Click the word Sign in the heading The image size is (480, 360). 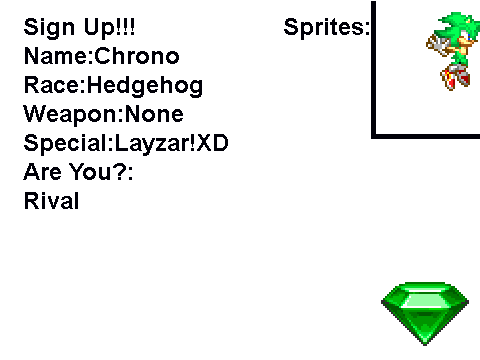pos(49,28)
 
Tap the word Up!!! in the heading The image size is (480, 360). pos(110,27)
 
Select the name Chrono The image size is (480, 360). pos(137,56)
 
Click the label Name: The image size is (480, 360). pos(58,56)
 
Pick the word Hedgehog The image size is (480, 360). pos(145,86)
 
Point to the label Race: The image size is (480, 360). pos(55,85)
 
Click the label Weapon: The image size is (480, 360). pos(73,115)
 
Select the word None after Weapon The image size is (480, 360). pos(154,114)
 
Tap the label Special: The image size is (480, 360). pos(69,144)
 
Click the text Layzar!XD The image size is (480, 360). pos(172,144)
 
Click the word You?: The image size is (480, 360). pos(101,172)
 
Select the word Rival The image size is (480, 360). pos(51,201)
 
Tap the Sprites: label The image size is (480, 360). pos(327,27)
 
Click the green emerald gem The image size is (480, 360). pos(425,313)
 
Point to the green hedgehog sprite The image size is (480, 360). pos(453,51)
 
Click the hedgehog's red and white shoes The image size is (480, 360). pos(455,77)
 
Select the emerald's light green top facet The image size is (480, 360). pos(425,300)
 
